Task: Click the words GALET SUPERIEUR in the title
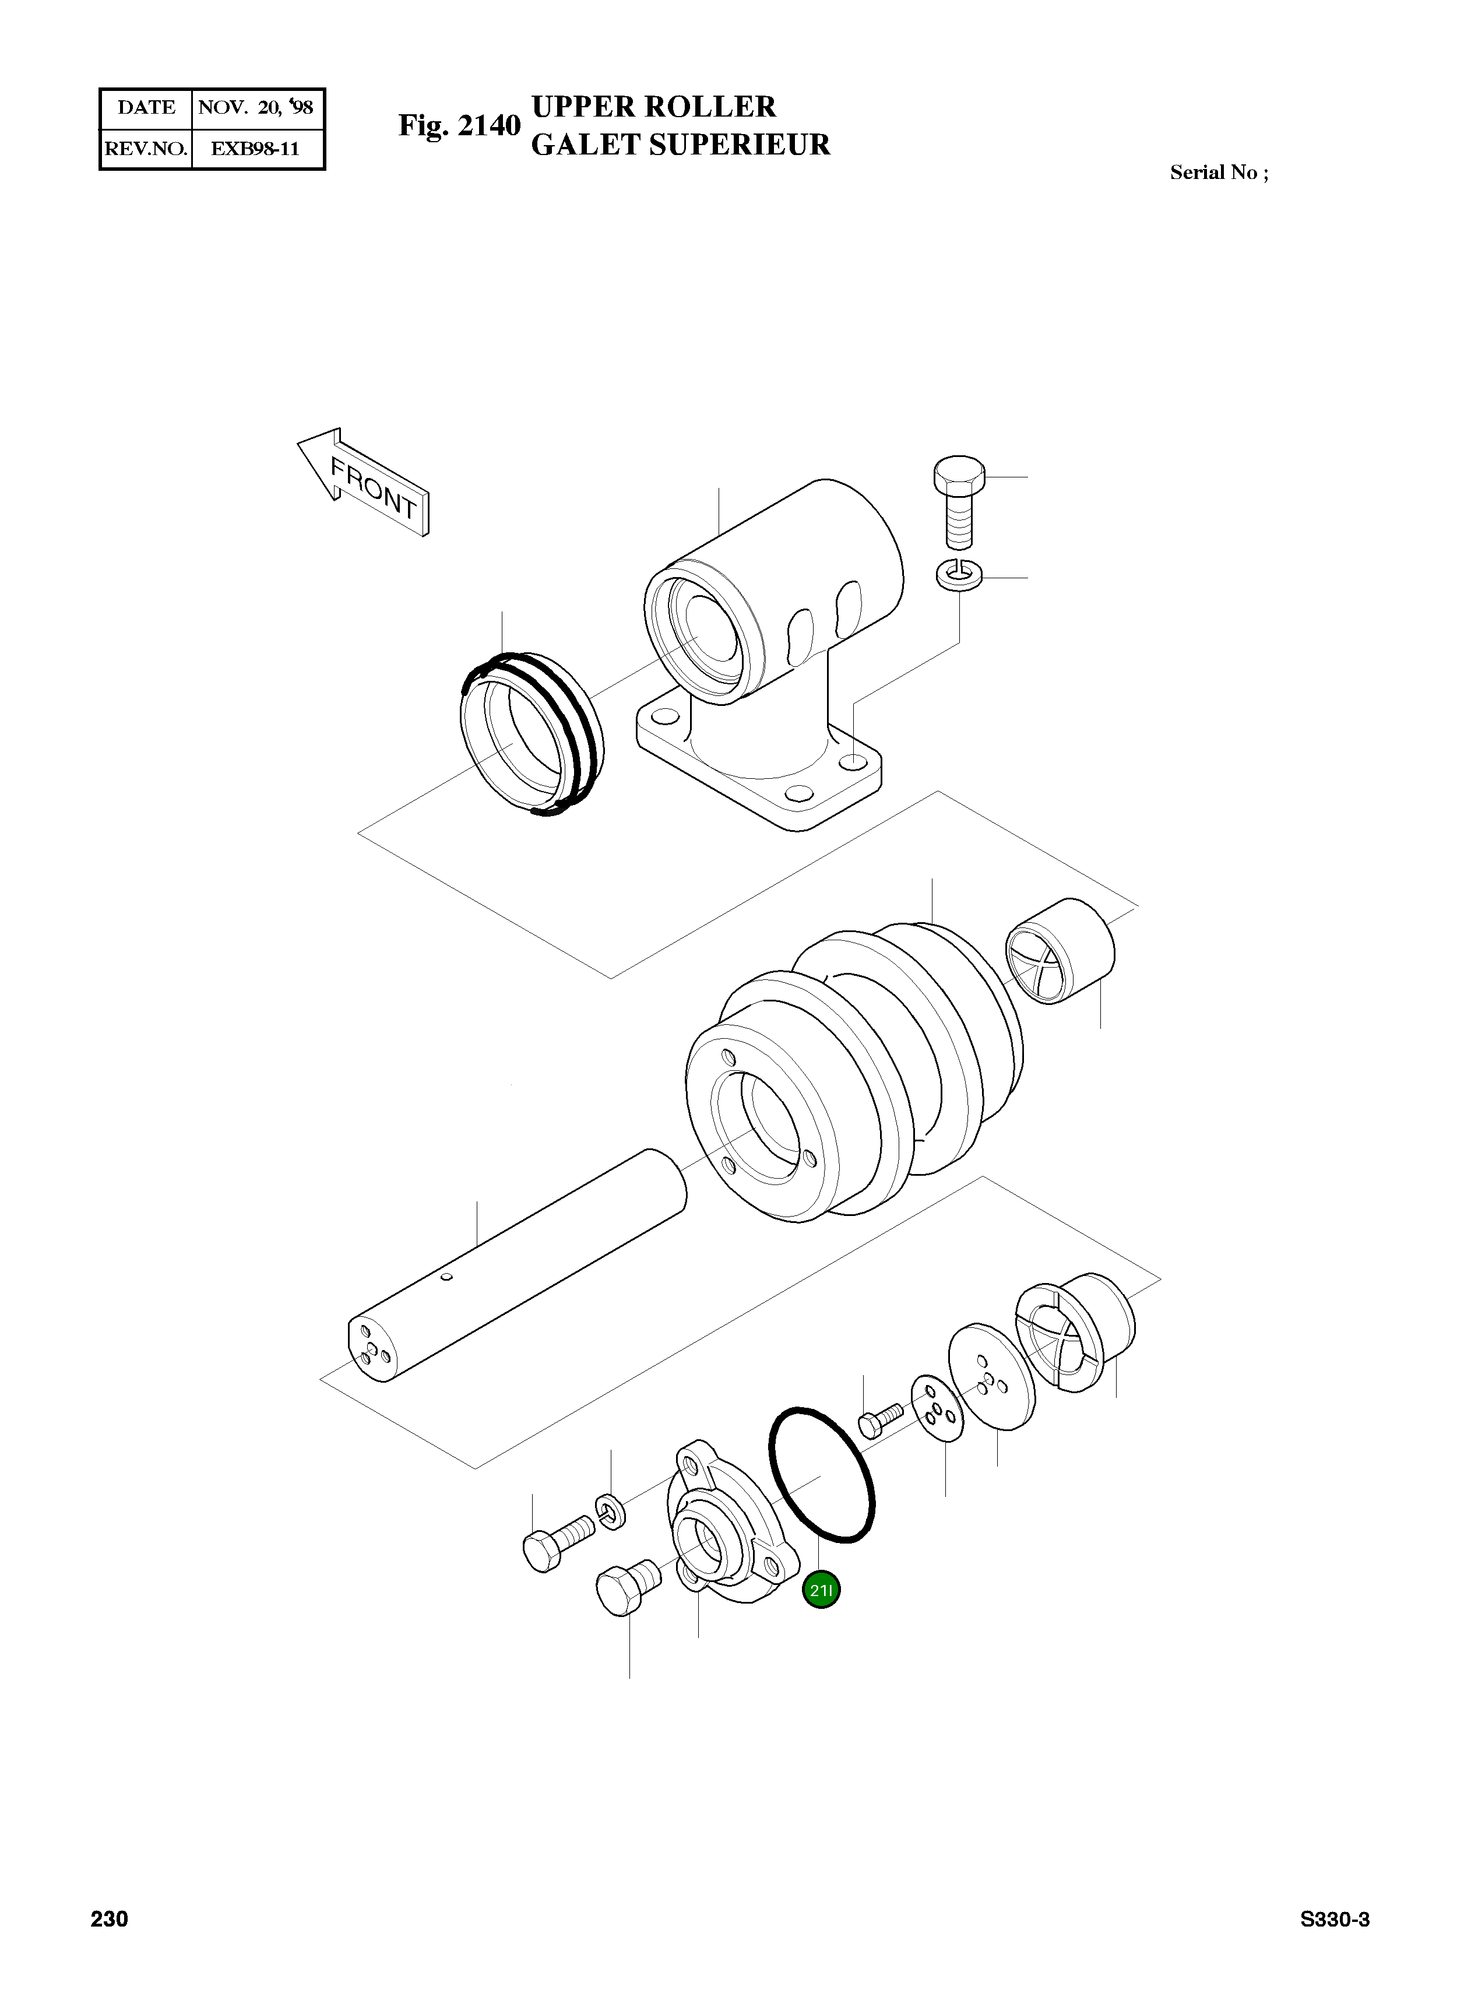(x=680, y=145)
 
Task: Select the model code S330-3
(x=1335, y=1920)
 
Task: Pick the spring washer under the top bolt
(x=958, y=575)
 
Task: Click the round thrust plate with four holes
(x=990, y=1377)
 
